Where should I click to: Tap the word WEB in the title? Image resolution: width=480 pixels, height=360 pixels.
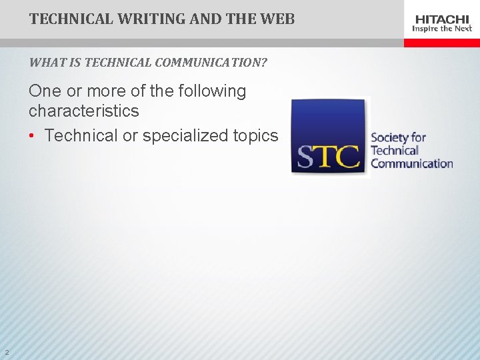[x=277, y=19]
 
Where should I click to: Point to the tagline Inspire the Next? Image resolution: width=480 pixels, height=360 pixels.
[x=443, y=29]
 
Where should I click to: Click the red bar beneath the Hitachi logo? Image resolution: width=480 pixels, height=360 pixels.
[x=441, y=42]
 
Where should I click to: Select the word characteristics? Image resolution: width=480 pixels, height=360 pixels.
[x=83, y=111]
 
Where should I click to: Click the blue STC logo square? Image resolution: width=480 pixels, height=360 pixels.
[x=329, y=137]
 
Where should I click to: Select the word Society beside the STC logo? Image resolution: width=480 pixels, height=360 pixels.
[x=391, y=138]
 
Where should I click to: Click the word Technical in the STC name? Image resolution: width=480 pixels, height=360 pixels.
[x=395, y=151]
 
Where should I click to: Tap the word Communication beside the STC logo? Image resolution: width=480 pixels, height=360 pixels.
[x=411, y=163]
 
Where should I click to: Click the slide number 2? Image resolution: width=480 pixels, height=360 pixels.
[x=6, y=353]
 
